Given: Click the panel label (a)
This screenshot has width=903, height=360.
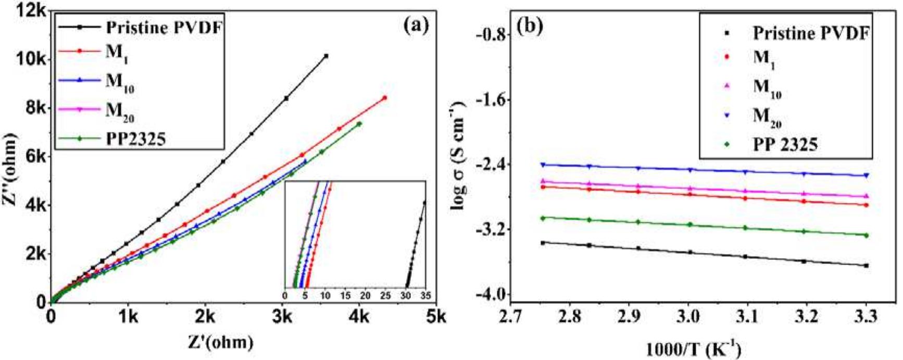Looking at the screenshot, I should click(416, 25).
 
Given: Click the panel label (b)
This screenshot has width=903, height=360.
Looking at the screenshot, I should click(530, 26).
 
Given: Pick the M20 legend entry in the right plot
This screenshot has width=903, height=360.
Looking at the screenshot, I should click(767, 117).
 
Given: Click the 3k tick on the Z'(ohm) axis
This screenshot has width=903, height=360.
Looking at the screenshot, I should click(282, 316).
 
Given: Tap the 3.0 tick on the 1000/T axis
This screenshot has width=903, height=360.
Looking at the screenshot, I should click(688, 316).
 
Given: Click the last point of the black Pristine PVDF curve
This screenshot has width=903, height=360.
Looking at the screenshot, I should click(326, 56).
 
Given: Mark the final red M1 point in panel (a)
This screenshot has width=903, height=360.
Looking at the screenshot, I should click(385, 97).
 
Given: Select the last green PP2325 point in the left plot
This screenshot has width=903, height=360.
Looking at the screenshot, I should click(359, 123).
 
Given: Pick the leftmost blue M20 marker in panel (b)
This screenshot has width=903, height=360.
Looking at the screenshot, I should click(543, 165).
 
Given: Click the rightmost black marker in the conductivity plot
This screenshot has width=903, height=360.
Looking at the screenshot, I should click(867, 266).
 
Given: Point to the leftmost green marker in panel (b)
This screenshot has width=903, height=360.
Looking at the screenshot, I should click(543, 218).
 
